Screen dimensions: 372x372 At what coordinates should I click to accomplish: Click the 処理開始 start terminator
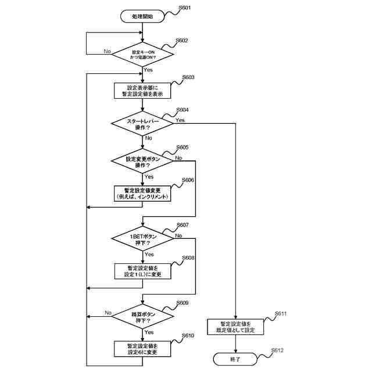click(x=142, y=17)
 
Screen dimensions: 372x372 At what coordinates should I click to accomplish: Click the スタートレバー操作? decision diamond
click(x=142, y=123)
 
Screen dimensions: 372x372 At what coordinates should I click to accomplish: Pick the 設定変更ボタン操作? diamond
click(x=142, y=161)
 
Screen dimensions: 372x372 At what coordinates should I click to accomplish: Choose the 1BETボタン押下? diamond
click(x=142, y=239)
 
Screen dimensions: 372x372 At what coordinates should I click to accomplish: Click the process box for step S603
click(x=142, y=91)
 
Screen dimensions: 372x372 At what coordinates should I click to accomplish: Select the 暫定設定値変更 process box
click(x=142, y=194)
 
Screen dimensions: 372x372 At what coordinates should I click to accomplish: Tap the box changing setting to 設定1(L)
click(x=142, y=271)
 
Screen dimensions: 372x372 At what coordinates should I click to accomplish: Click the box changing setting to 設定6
click(x=142, y=349)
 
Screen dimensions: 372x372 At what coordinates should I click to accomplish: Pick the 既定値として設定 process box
click(x=235, y=327)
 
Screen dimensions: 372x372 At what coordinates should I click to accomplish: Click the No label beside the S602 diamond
click(x=107, y=51)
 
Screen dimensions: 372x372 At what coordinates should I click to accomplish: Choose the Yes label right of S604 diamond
click(x=180, y=120)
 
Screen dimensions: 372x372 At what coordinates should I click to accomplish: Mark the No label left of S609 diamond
click(x=108, y=313)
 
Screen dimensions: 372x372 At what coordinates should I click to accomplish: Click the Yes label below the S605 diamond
click(x=148, y=177)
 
